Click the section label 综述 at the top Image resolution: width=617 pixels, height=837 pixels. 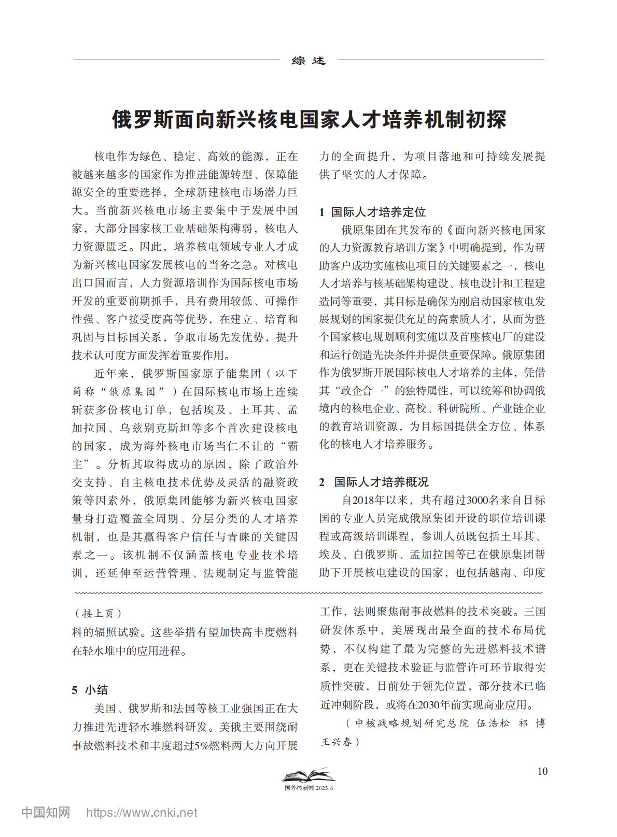308,61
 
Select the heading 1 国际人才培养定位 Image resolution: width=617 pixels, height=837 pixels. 372,212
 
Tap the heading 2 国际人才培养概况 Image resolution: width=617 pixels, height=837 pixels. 373,482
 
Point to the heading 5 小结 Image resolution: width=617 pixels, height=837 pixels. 90,690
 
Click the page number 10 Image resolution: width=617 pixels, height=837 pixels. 542,771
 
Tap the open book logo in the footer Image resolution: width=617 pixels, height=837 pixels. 308,776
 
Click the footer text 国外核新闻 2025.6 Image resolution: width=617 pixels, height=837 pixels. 308,788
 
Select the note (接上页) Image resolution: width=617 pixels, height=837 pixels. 99,614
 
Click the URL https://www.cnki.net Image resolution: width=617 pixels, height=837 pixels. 142,813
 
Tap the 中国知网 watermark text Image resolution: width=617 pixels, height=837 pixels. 46,812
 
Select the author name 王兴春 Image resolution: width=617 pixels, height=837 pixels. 337,742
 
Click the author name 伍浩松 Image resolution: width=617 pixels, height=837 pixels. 493,723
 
